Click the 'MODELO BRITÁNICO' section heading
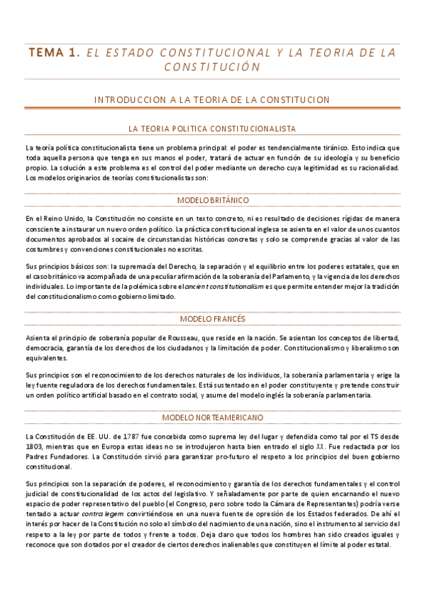pyautogui.click(x=212, y=200)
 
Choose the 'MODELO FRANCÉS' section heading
pyautogui.click(x=212, y=319)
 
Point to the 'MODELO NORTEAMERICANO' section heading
pyautogui.click(x=212, y=417)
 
